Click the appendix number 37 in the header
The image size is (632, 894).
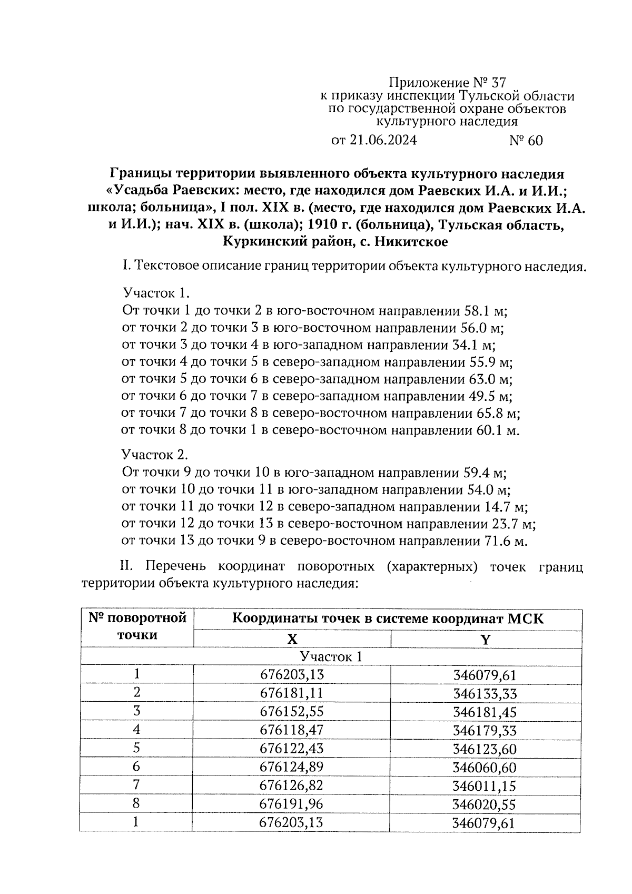click(497, 83)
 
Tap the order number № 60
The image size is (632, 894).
click(526, 141)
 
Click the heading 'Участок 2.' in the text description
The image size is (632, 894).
click(155, 455)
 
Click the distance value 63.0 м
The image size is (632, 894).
click(490, 379)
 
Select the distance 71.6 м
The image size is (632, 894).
click(505, 541)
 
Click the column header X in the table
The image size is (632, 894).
click(292, 640)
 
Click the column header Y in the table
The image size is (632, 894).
click(486, 640)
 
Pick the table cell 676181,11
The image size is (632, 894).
click(292, 693)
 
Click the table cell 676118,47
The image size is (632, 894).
click(292, 730)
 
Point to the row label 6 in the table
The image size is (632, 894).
click(137, 767)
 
